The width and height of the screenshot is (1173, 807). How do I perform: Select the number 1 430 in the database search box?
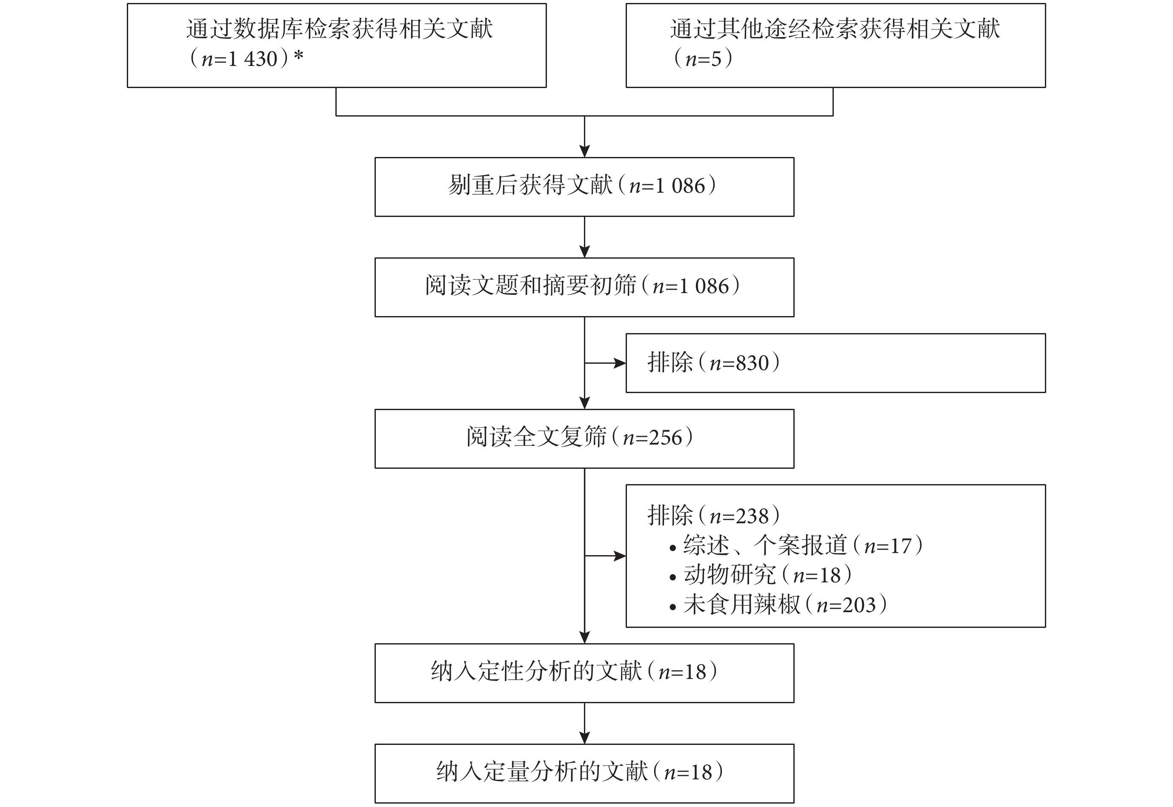pos(253,59)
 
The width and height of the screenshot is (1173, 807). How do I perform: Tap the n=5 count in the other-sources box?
pos(704,59)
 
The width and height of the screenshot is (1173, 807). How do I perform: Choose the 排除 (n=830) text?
pos(714,362)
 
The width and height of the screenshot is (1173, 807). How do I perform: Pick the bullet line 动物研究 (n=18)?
pos(761,575)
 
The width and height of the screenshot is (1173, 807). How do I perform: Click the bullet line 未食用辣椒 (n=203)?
pos(778,604)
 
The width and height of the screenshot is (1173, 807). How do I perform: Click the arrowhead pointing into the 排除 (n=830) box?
pos(620,363)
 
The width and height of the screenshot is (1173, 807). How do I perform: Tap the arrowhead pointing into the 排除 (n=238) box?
pos(620,556)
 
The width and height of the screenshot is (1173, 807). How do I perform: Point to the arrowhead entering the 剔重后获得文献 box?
pos(585,151)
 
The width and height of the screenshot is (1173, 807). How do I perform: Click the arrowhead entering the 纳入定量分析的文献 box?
pos(585,738)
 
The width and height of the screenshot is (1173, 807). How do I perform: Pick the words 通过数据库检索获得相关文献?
pos(339,29)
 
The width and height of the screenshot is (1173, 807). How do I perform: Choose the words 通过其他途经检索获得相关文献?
pos(835,29)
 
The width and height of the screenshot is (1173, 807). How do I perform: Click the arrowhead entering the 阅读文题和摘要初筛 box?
pos(585,252)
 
